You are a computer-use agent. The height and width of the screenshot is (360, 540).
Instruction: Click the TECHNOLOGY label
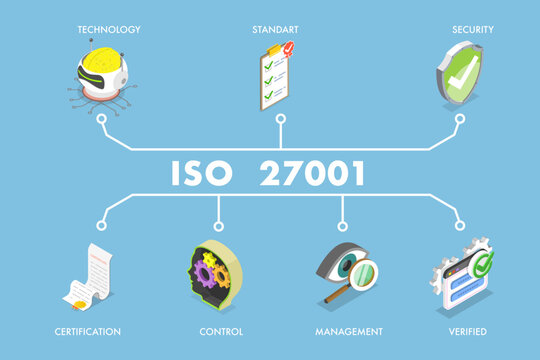(108, 30)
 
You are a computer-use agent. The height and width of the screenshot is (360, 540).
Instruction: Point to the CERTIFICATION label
(89, 331)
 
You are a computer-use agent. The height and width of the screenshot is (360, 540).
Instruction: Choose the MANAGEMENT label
(350, 331)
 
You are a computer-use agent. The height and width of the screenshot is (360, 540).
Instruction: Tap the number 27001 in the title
(313, 174)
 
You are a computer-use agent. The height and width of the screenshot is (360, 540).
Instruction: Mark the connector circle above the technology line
(103, 119)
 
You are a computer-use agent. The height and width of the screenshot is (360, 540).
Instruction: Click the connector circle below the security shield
(461, 119)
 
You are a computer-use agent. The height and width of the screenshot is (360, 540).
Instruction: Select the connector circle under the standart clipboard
(280, 119)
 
